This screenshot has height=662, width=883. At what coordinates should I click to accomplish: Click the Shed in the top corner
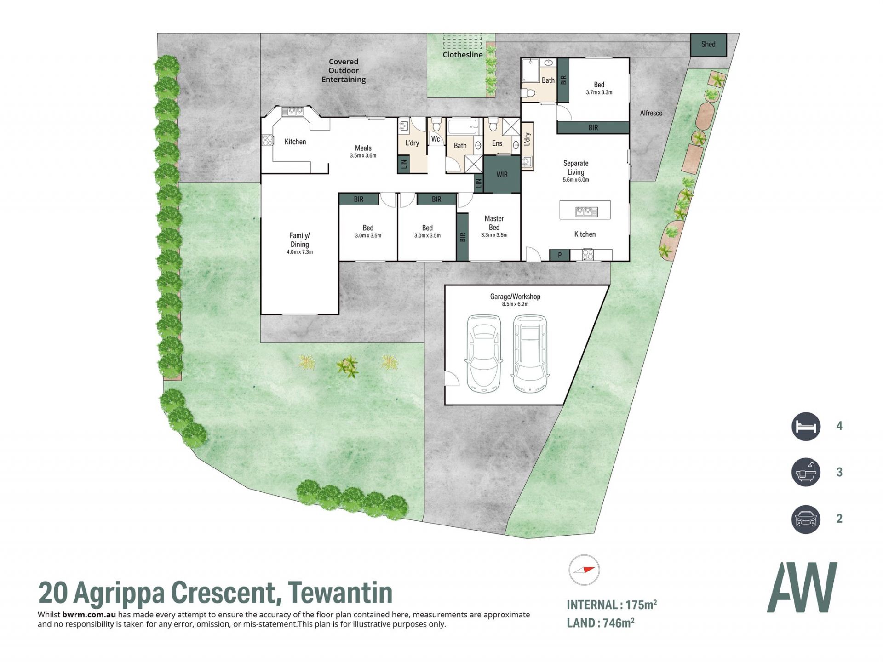pos(708,45)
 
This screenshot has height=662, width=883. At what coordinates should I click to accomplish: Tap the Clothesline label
pos(463,55)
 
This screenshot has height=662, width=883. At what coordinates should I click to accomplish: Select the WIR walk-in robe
pos(502,175)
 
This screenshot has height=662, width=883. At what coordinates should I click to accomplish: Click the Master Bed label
pos(494,223)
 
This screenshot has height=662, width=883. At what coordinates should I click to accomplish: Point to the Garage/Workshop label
pos(515,297)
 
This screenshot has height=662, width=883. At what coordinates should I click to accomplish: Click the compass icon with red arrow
pos(584,570)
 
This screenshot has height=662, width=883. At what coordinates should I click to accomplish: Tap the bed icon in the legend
pos(806,426)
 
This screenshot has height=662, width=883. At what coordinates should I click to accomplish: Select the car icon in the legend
pos(806,519)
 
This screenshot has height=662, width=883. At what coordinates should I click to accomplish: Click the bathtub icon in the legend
pos(806,472)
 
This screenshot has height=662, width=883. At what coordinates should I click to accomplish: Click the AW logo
pos(802,587)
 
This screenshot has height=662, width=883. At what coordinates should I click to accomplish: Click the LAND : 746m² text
pos(601,623)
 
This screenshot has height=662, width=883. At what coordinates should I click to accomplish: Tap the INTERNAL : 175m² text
pos(612,605)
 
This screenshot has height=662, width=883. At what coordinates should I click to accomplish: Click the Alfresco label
pos(651,113)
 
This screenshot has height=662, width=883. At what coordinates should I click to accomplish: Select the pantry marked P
pos(560,255)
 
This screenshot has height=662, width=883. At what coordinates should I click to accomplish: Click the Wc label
pos(436,139)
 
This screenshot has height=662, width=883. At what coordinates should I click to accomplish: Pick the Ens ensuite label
pos(497,143)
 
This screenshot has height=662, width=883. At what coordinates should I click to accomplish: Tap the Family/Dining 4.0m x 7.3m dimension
pos(300,252)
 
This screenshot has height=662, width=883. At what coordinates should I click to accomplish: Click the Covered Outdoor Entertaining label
pos(344,71)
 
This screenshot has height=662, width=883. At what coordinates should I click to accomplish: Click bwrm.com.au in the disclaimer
pos(89,615)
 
